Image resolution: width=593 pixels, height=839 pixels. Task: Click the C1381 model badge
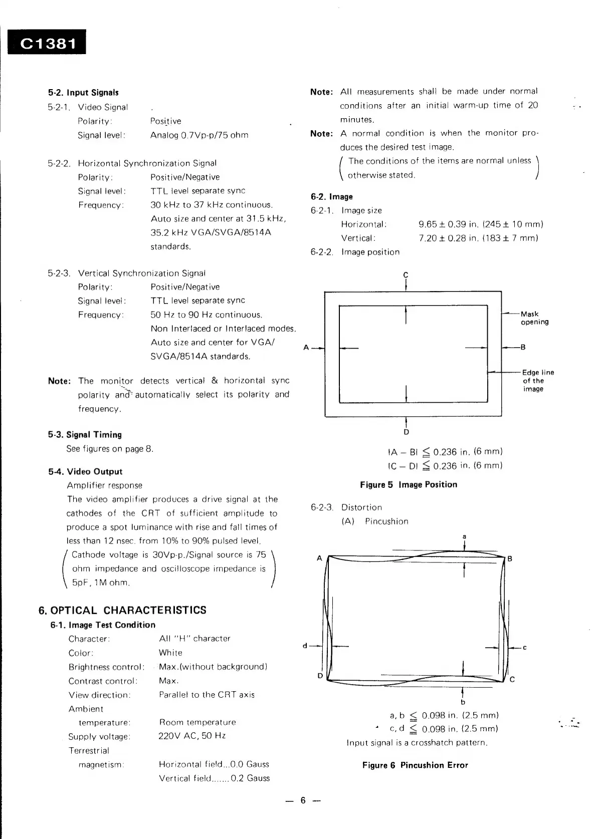(47, 43)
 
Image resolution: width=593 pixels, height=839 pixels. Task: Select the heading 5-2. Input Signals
(83, 93)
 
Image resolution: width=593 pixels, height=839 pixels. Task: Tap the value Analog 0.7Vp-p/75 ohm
(199, 135)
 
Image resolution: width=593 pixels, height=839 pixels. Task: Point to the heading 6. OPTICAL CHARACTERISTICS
(122, 610)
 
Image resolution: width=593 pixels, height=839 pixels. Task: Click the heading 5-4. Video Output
(85, 471)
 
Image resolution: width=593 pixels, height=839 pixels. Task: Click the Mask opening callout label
(534, 318)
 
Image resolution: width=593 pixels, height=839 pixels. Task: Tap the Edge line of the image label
(537, 381)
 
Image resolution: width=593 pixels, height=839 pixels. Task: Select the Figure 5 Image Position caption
(408, 484)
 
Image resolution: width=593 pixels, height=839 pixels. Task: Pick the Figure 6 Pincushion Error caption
(415, 765)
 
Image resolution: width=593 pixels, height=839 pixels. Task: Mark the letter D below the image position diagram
(406, 432)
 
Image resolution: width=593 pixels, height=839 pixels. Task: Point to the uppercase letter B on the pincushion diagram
(510, 559)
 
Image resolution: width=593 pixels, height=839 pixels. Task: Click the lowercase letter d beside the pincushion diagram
(305, 646)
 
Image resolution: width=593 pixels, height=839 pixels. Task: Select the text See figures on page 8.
(110, 449)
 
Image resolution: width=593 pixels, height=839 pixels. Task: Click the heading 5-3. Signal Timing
(85, 435)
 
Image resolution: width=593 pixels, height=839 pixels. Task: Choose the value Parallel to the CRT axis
(207, 695)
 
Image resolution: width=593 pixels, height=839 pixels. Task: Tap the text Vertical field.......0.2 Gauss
(214, 778)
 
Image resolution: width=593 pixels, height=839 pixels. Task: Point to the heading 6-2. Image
(331, 197)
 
